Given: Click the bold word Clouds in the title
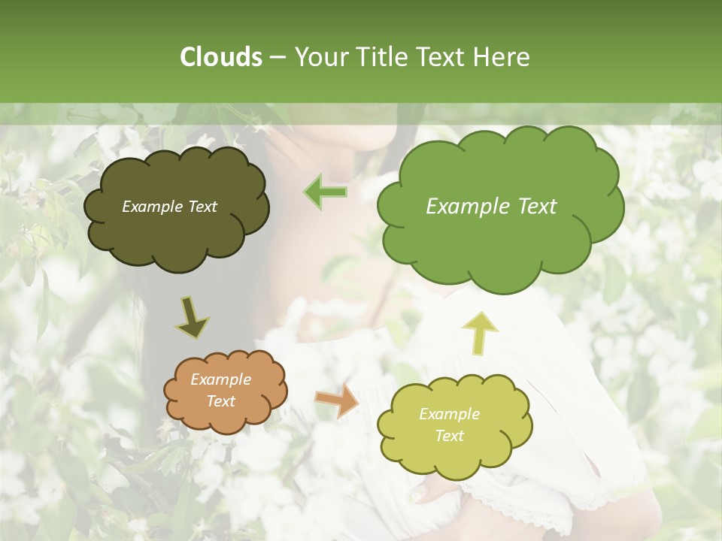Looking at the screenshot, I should [220, 57].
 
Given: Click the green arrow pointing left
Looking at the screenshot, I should [326, 192].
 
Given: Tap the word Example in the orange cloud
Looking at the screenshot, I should [220, 379].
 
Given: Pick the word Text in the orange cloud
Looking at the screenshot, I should [220, 401].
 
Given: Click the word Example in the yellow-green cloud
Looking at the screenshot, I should [449, 414].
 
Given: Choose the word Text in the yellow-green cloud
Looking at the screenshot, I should [449, 436].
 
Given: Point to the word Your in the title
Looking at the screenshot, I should [319, 57].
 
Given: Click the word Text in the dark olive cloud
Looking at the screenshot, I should [202, 207].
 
